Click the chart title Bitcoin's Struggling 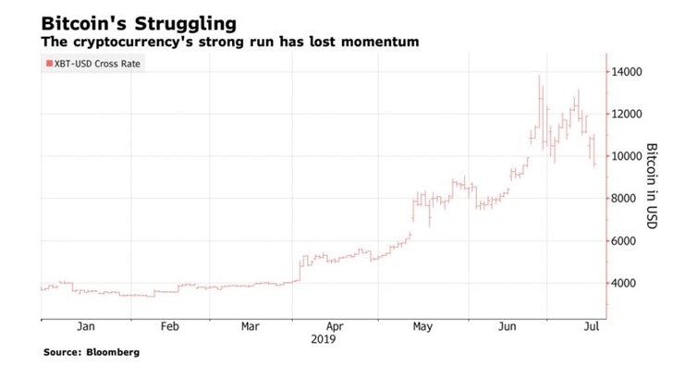(x=139, y=21)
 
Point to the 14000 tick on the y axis (x=627, y=71)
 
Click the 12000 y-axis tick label (x=627, y=114)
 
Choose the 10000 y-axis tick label (x=627, y=156)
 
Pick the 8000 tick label (x=624, y=199)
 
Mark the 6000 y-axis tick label (x=624, y=241)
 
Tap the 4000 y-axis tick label (x=624, y=284)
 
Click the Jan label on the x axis (x=85, y=326)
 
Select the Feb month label (x=169, y=326)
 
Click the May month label (x=422, y=326)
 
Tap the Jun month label (x=507, y=326)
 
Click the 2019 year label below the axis (x=324, y=339)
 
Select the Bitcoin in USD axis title (x=651, y=185)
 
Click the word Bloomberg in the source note (x=118, y=352)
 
